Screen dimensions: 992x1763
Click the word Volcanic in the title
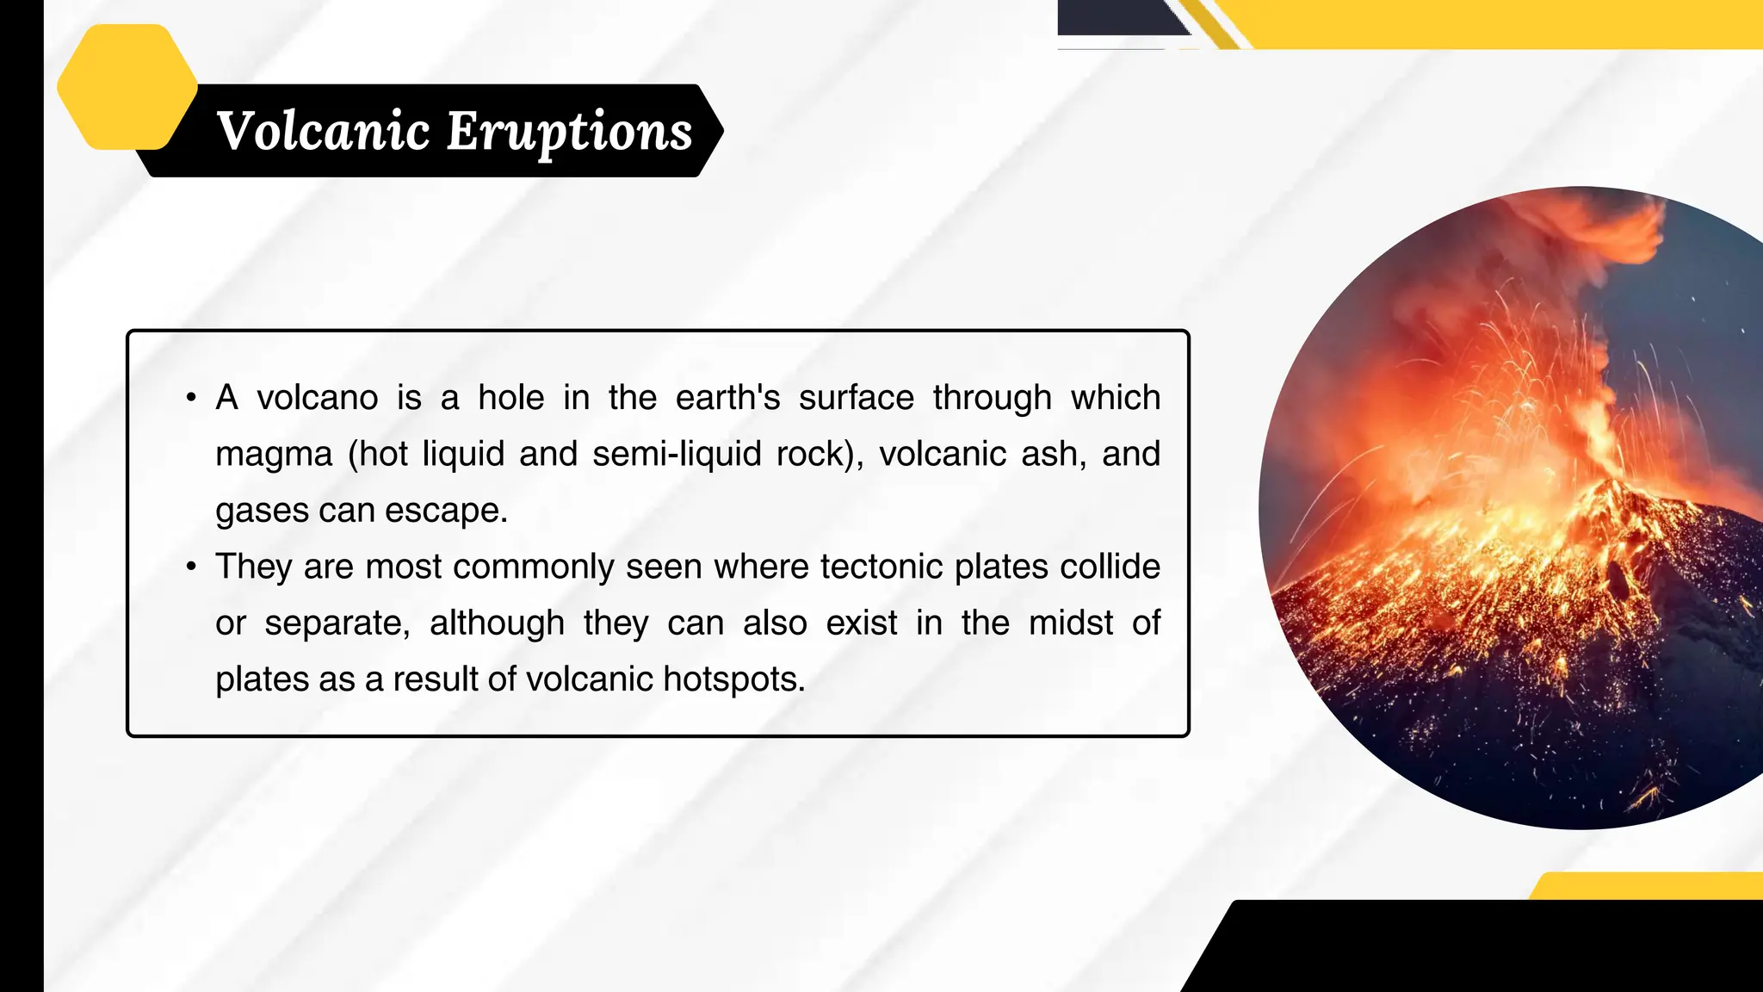[x=323, y=131]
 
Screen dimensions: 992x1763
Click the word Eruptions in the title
[x=570, y=133]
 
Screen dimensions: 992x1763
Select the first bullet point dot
[x=191, y=398]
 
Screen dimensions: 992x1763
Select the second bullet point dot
[x=191, y=567]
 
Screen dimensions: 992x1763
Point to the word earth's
[x=727, y=398]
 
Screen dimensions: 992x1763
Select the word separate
[x=336, y=623]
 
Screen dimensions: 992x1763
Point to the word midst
[x=1071, y=623]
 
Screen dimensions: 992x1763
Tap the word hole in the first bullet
[x=511, y=398]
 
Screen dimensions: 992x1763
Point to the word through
[x=993, y=399]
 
